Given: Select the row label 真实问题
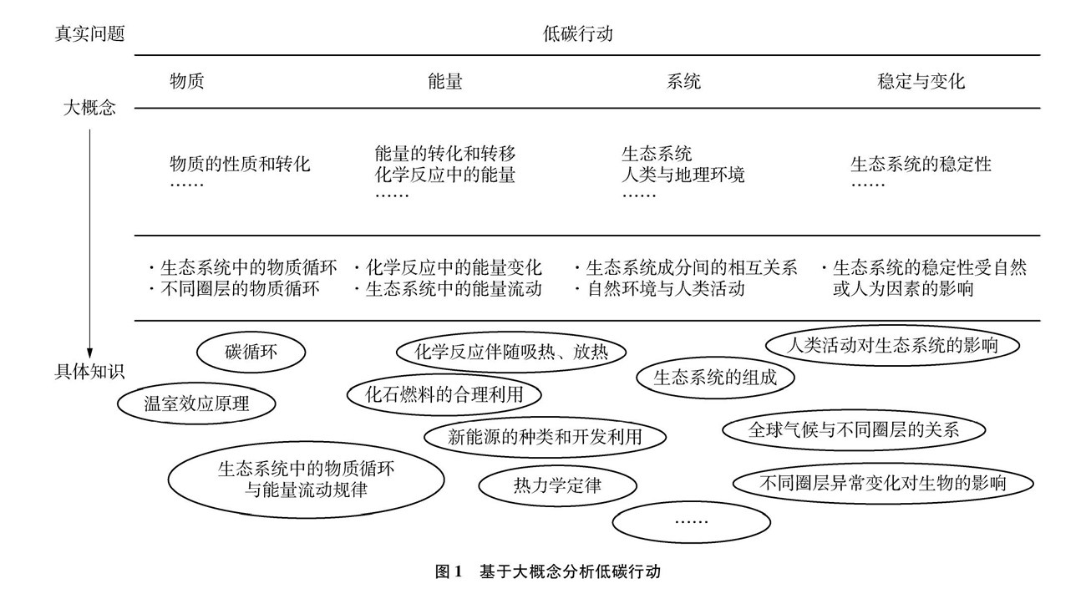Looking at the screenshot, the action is (90, 34).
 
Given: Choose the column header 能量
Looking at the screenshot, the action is (444, 82).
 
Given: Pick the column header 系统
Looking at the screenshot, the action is (683, 82).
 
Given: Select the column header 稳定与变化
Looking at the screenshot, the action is (921, 82).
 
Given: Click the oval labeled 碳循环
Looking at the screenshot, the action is (251, 353).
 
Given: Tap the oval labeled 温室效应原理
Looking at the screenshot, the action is (197, 404).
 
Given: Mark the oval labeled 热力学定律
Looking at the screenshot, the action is (557, 484).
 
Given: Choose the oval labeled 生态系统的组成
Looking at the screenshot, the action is (715, 377).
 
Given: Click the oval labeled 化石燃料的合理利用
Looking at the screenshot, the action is (444, 393).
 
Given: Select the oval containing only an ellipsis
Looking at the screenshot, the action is (690, 521).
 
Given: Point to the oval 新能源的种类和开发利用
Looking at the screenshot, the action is (546, 437).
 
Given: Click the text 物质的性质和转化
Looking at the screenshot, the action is (240, 164).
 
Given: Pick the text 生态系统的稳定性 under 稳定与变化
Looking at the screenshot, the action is (921, 164).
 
